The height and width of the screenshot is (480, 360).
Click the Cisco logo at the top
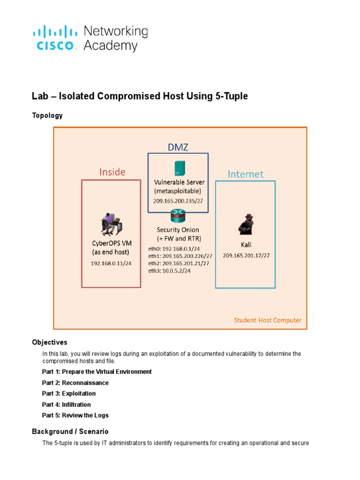55,38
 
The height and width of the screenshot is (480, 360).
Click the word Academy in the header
111,46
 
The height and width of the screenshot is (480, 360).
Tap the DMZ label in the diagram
178,147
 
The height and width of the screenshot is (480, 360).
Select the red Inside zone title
112,172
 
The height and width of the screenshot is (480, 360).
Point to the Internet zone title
245,174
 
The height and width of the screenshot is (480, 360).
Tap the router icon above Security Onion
178,216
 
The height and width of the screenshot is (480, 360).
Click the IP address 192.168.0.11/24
111,263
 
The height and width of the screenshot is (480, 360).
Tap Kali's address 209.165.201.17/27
246,255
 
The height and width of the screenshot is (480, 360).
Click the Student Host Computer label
268,321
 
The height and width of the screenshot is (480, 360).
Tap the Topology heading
47,115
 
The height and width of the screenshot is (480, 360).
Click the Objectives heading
50,342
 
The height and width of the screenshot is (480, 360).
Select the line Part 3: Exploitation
69,393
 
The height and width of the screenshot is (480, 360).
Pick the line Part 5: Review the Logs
75,415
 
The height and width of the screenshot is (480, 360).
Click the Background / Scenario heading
70,431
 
